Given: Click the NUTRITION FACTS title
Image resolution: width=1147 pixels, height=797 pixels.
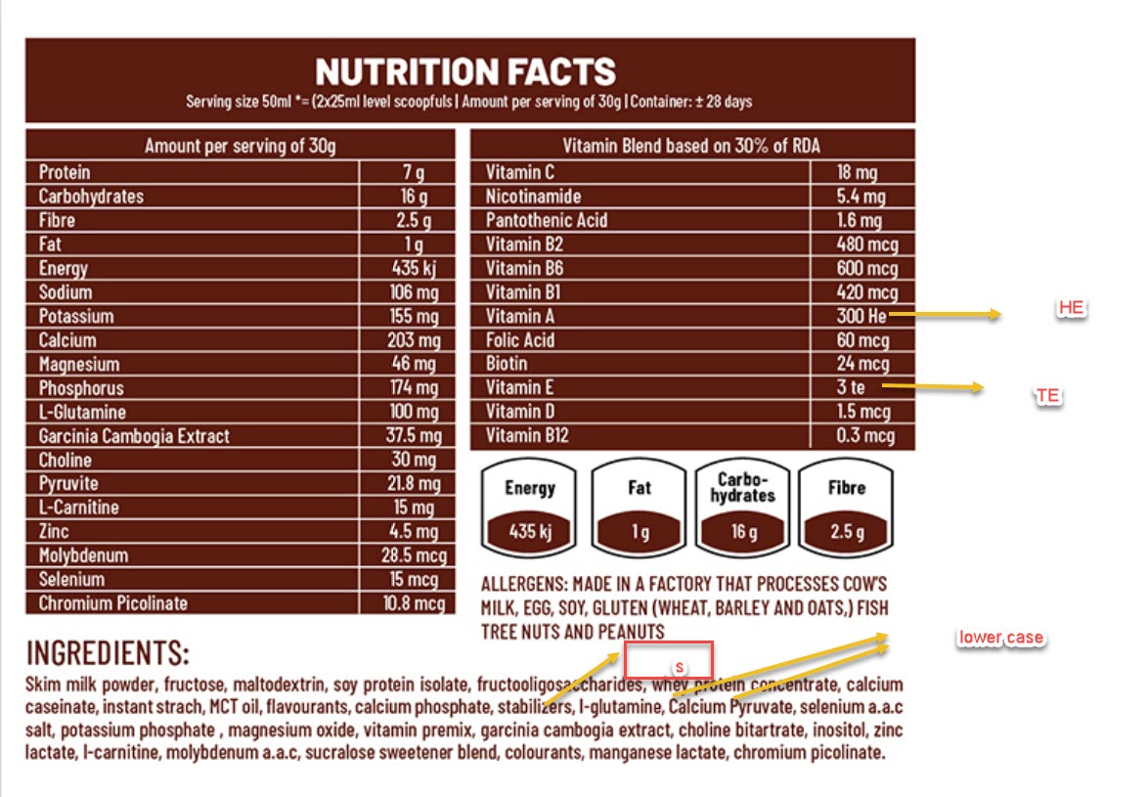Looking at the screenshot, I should [465, 71].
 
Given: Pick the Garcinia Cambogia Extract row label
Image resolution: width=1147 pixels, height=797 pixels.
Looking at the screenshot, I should [135, 436].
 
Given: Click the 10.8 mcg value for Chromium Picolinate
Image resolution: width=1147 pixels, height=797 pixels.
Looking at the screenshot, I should [414, 603].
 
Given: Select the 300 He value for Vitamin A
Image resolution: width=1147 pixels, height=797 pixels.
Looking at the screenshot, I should [861, 316].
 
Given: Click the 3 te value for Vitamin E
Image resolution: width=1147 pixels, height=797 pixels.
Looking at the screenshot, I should [851, 388].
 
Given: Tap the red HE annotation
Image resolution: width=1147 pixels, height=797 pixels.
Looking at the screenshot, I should [1071, 308].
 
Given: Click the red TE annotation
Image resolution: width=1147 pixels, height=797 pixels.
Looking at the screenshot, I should [1047, 396].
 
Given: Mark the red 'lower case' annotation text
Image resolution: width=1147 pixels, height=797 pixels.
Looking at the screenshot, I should [1000, 639].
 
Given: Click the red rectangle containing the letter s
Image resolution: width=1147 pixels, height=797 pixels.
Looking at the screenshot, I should [668, 660].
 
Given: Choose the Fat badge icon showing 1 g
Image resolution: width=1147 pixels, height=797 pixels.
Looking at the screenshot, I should [640, 505].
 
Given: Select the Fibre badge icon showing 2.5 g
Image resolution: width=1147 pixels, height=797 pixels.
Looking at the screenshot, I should [846, 505].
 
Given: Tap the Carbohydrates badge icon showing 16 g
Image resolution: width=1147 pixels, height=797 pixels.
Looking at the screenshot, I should [743, 505].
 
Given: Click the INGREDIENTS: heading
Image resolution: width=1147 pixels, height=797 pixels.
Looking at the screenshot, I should [108, 653].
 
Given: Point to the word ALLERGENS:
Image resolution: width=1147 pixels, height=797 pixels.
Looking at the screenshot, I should [524, 584].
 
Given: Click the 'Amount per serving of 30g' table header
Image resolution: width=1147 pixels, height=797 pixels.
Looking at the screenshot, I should [241, 147].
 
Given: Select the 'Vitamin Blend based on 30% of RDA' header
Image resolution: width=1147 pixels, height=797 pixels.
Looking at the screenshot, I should [692, 147].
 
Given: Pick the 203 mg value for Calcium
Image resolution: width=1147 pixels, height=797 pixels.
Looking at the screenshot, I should [414, 340].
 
